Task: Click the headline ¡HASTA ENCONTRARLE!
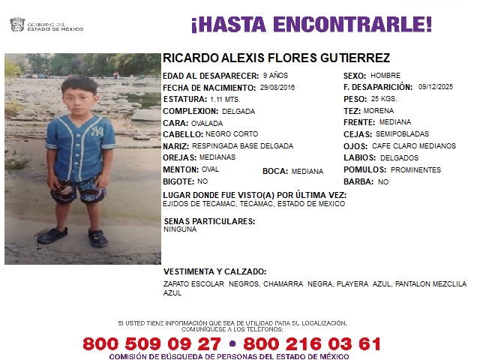(x=311, y=25)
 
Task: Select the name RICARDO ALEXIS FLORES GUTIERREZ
(x=276, y=58)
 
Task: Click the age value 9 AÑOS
(x=275, y=76)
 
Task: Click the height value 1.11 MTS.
(x=225, y=99)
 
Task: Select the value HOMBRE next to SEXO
(x=386, y=76)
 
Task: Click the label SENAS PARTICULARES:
(x=209, y=221)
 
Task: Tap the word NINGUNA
(x=180, y=229)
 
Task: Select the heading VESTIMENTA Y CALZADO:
(x=214, y=271)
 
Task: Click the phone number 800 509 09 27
(x=152, y=344)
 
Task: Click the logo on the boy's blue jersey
(x=96, y=131)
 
